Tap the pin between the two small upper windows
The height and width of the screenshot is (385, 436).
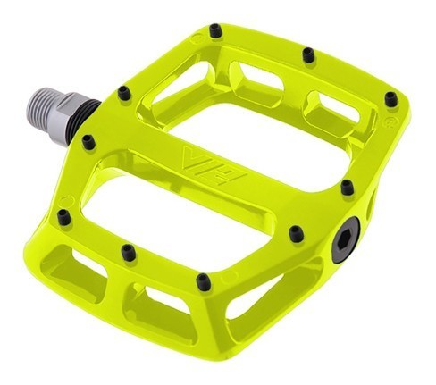[x=307, y=55]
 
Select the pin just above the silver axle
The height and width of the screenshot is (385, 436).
[x=123, y=90]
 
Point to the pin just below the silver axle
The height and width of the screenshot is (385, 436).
[x=88, y=141]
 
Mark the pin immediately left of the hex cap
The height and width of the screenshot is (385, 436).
[x=296, y=235]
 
